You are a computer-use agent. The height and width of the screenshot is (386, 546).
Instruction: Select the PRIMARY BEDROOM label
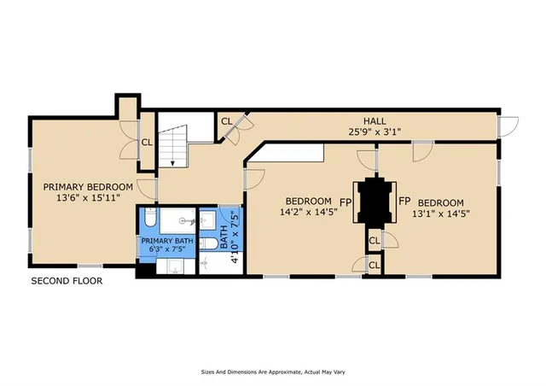pyautogui.click(x=88, y=187)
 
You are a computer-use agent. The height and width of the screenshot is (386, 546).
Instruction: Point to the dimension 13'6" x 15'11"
pyautogui.click(x=88, y=198)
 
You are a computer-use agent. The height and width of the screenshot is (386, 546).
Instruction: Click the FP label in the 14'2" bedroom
pyautogui.click(x=346, y=202)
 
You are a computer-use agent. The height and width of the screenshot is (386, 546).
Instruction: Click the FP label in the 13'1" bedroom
pyautogui.click(x=404, y=202)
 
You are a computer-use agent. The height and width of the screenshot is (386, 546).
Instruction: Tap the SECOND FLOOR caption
pyautogui.click(x=67, y=281)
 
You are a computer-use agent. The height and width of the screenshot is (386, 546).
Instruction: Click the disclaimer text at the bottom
pyautogui.click(x=273, y=372)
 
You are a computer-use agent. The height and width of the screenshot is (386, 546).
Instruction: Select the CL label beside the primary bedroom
pyautogui.click(x=146, y=143)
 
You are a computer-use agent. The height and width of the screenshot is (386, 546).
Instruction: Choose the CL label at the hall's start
pyautogui.click(x=226, y=121)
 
